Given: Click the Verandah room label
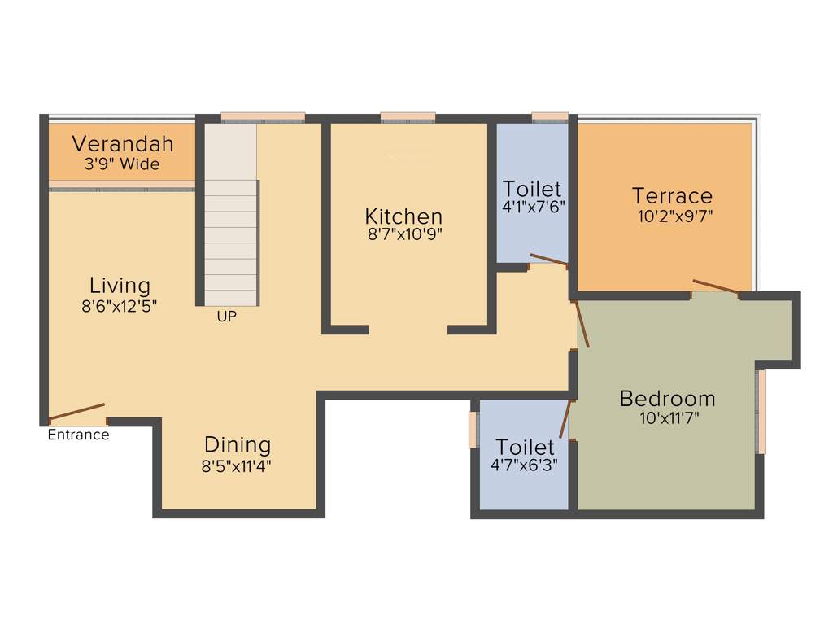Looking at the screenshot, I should click(x=123, y=144).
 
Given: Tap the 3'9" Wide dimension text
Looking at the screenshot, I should click(x=123, y=164).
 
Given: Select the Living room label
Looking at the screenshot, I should click(x=120, y=286).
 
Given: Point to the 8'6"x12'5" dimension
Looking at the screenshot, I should click(x=120, y=307).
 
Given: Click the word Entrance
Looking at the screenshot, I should click(x=78, y=435).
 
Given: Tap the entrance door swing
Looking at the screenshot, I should click(x=76, y=412).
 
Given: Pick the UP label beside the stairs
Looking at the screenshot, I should click(x=227, y=317).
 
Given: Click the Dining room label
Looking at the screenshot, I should click(x=238, y=445).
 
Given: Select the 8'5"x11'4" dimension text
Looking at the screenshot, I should click(x=238, y=466).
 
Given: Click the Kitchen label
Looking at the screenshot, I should click(x=403, y=216).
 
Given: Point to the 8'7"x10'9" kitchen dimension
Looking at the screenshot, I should click(x=403, y=235).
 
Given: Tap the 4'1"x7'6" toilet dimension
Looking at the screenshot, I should click(x=534, y=207).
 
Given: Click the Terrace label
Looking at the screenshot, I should click(x=673, y=196).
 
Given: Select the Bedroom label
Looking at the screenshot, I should click(x=668, y=399).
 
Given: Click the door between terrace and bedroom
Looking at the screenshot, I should click(x=716, y=286).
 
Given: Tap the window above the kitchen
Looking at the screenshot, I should click(x=408, y=117).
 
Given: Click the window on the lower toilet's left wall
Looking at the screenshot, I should click(x=473, y=429).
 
